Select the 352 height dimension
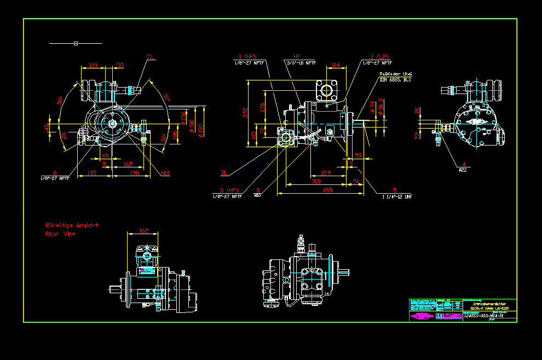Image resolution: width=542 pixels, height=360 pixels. pos(246,113)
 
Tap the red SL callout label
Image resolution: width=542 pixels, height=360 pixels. pos(150,56)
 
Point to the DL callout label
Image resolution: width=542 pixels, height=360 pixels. pos(224,173)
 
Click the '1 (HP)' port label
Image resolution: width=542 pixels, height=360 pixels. pos(247,56)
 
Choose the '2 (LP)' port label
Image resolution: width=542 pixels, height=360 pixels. pos(379,56)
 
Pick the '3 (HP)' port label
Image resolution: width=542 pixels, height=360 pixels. pos(226,189)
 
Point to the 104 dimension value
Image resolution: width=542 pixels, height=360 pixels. pos(336,65)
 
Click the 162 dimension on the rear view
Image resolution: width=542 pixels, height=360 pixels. pos(144,230)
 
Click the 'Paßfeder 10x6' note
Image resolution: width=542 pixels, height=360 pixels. pos(395,74)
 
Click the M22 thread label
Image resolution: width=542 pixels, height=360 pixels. pos(463,170)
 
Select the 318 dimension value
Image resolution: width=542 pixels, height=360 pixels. pos(316,181)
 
